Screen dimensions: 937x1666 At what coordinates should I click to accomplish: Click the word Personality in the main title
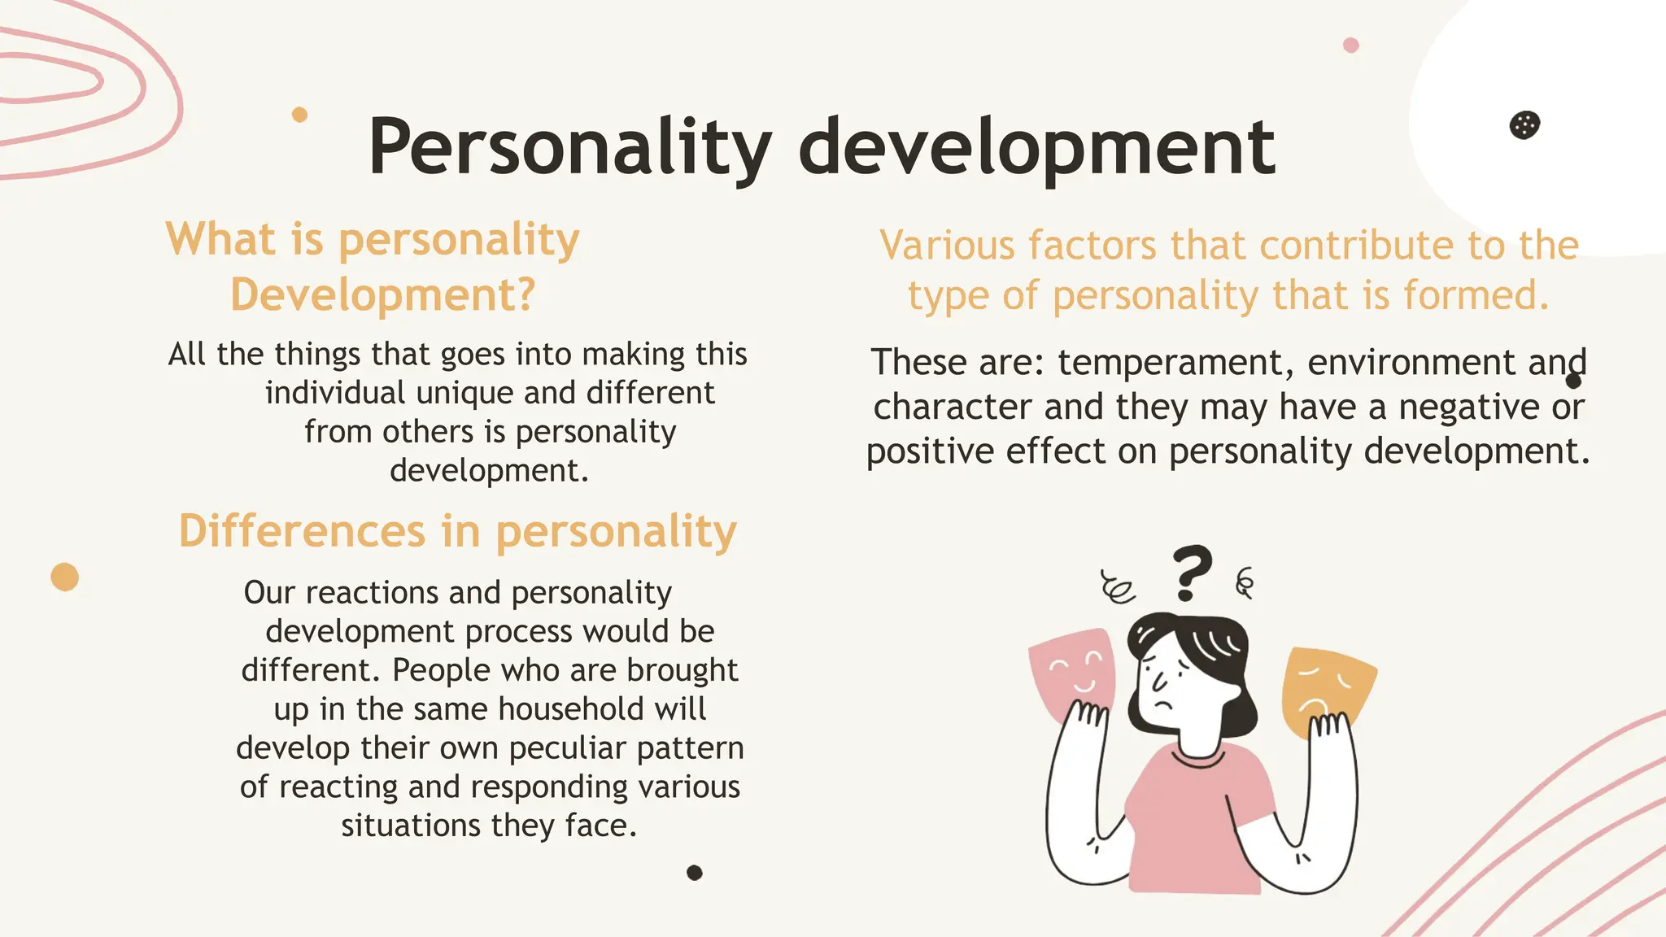pos(569,148)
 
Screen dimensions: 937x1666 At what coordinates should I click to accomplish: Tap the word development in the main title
pos(1037,148)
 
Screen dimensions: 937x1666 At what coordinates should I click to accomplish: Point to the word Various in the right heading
pos(948,246)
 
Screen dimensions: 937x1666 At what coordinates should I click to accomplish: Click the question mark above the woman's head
pos(1192,571)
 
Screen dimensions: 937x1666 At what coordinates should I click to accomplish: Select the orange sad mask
pos(1326,687)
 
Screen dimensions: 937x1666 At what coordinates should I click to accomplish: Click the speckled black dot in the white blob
pos(1524,125)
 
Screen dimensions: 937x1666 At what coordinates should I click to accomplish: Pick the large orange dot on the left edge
pos(65,577)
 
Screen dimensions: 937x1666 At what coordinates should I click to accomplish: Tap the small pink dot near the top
pos(1351,46)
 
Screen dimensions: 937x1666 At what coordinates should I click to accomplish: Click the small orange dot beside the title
pos(299,115)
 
